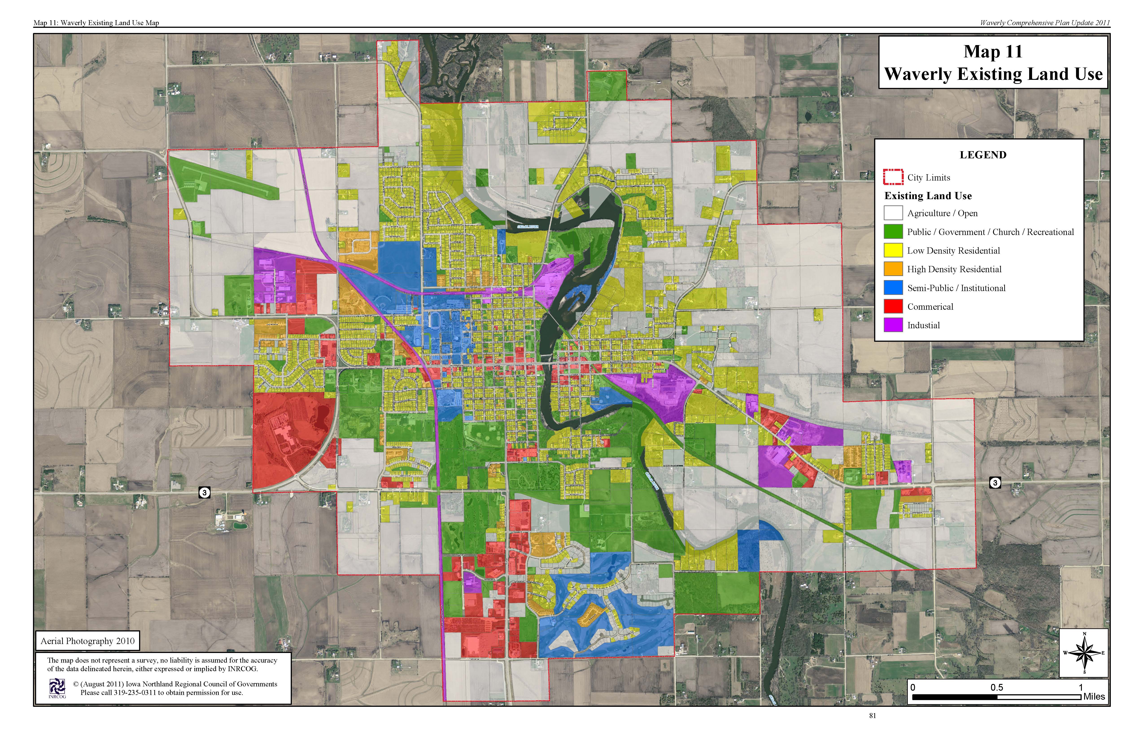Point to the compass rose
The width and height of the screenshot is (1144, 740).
click(1084, 653)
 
